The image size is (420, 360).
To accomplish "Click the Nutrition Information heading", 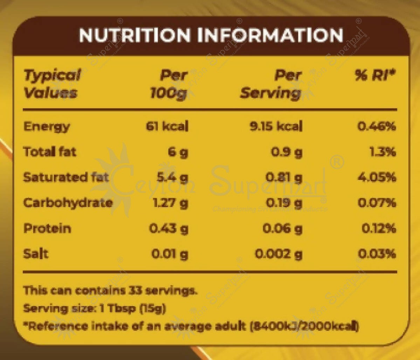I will click(x=211, y=35).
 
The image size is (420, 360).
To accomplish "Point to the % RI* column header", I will click(x=375, y=76).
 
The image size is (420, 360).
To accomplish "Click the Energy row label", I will click(x=47, y=127).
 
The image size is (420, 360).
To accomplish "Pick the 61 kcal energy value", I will click(x=167, y=126).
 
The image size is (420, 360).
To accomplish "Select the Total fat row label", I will click(x=49, y=152).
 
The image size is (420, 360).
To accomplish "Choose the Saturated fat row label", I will click(x=66, y=177).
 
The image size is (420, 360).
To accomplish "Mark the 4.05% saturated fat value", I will click(x=377, y=177).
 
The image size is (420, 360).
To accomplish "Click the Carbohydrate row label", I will click(x=68, y=203).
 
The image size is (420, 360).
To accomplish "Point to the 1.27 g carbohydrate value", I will click(x=171, y=203).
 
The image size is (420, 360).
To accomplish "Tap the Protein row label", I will click(x=47, y=229).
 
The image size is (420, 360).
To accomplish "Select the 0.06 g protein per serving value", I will click(x=282, y=229).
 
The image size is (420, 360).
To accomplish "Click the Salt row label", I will click(x=36, y=254).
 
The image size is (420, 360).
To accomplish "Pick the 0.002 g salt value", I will click(x=278, y=254).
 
